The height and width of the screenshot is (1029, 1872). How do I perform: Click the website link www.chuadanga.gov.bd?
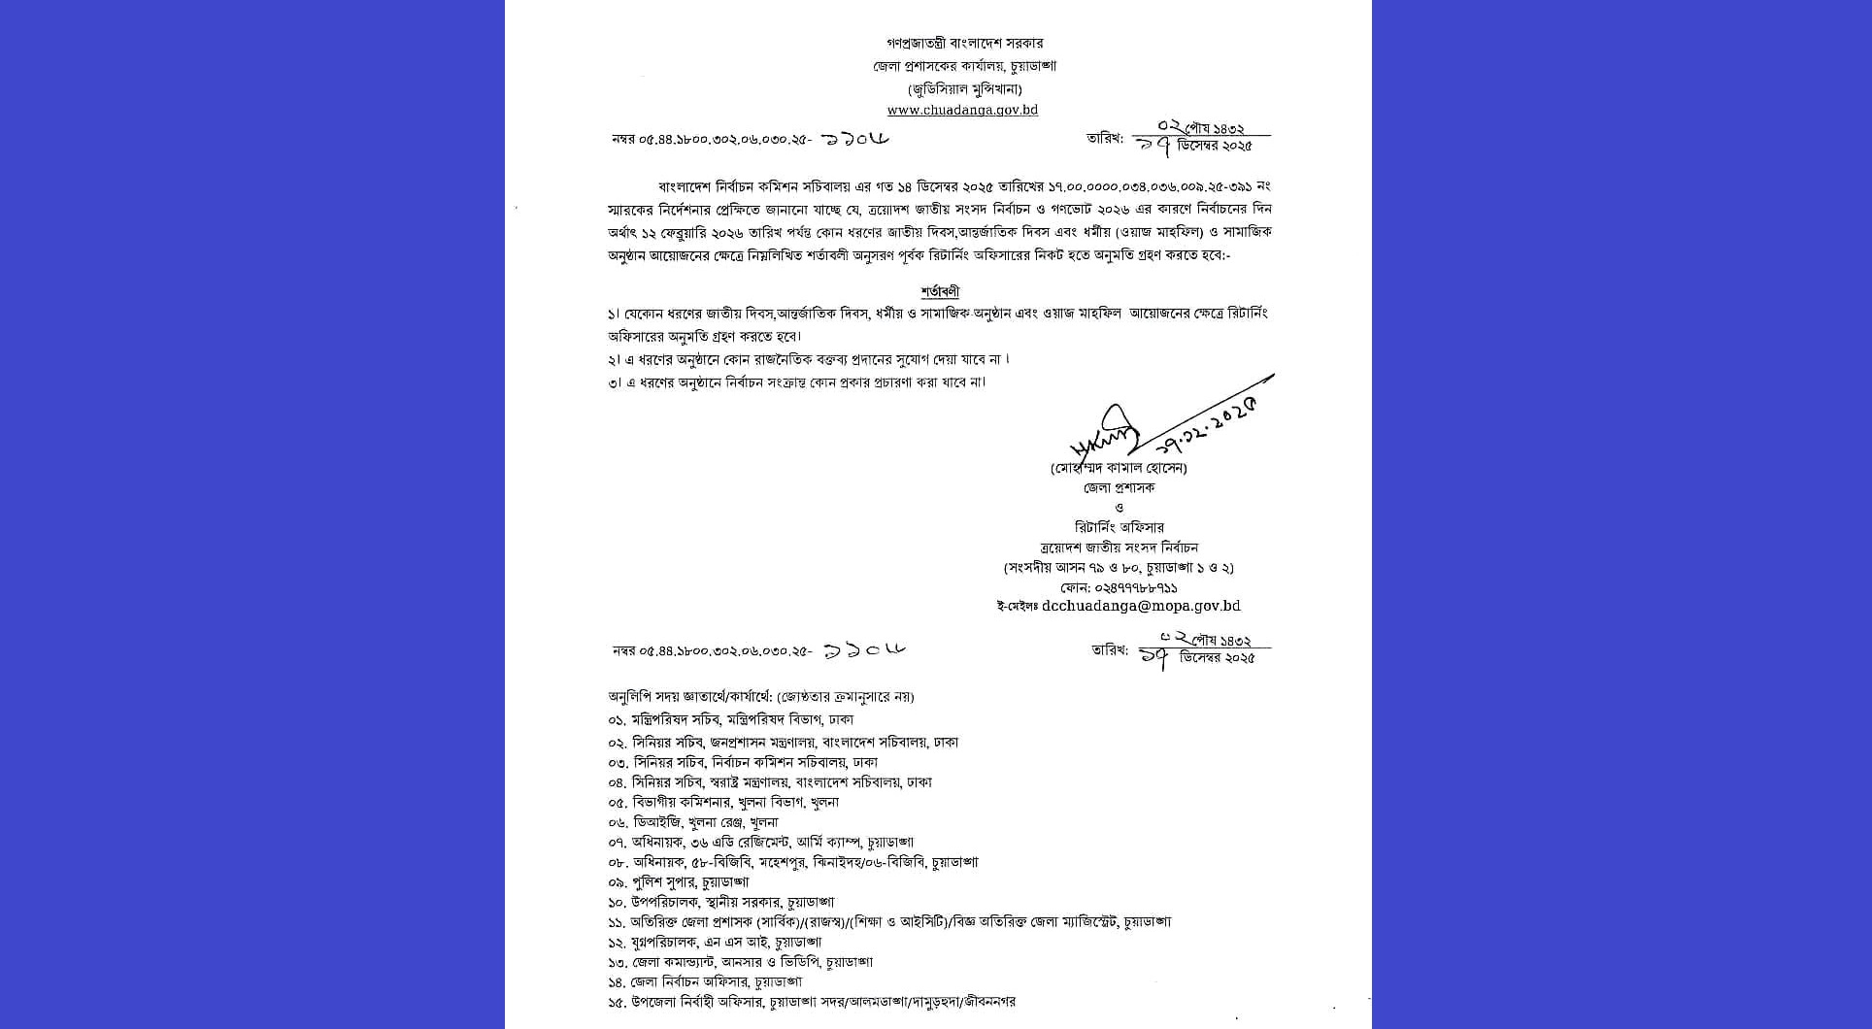point(962,111)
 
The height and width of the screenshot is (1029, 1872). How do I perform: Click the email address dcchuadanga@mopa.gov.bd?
point(1140,607)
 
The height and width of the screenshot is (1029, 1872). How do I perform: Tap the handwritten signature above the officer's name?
point(1105,442)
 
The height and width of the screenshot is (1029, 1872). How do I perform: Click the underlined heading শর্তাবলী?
point(940,292)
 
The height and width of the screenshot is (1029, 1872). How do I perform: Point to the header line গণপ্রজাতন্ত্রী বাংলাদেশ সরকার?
point(964,44)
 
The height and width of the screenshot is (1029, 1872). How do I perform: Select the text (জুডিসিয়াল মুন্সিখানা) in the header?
point(963,88)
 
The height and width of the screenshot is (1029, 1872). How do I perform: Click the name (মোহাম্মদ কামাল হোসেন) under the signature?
point(1119,468)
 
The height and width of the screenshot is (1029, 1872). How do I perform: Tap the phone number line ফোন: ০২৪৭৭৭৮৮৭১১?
point(1119,587)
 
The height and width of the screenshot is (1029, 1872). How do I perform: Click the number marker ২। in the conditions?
point(615,360)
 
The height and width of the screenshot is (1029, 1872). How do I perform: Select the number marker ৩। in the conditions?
point(615,382)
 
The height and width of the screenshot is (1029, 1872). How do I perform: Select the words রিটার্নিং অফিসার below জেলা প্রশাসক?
point(1119,528)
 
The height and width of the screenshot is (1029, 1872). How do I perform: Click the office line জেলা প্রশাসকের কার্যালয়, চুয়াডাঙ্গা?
point(964,66)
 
